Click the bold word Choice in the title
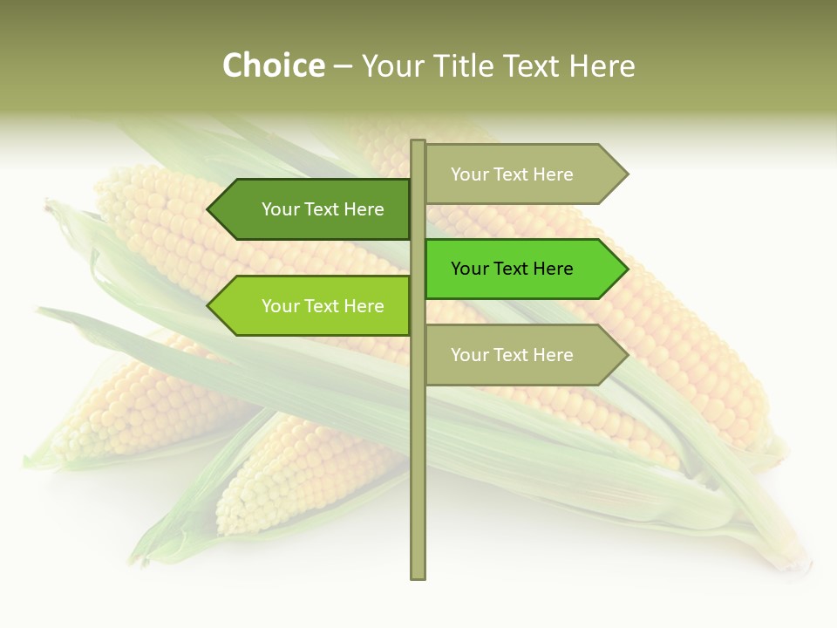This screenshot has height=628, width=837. pos(273,66)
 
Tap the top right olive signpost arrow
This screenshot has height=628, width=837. pos(523,174)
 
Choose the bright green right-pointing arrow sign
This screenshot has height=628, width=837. pos(523,269)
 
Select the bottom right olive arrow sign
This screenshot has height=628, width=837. pos(523,355)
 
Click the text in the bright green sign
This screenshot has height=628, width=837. pos(512,269)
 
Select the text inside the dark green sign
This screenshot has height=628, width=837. pos(323,209)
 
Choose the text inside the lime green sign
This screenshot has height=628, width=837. pos(323,306)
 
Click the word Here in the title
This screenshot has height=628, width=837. pos(603,66)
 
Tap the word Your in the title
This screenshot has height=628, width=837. pos(388,66)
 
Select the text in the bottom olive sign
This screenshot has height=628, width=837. pos(512,355)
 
